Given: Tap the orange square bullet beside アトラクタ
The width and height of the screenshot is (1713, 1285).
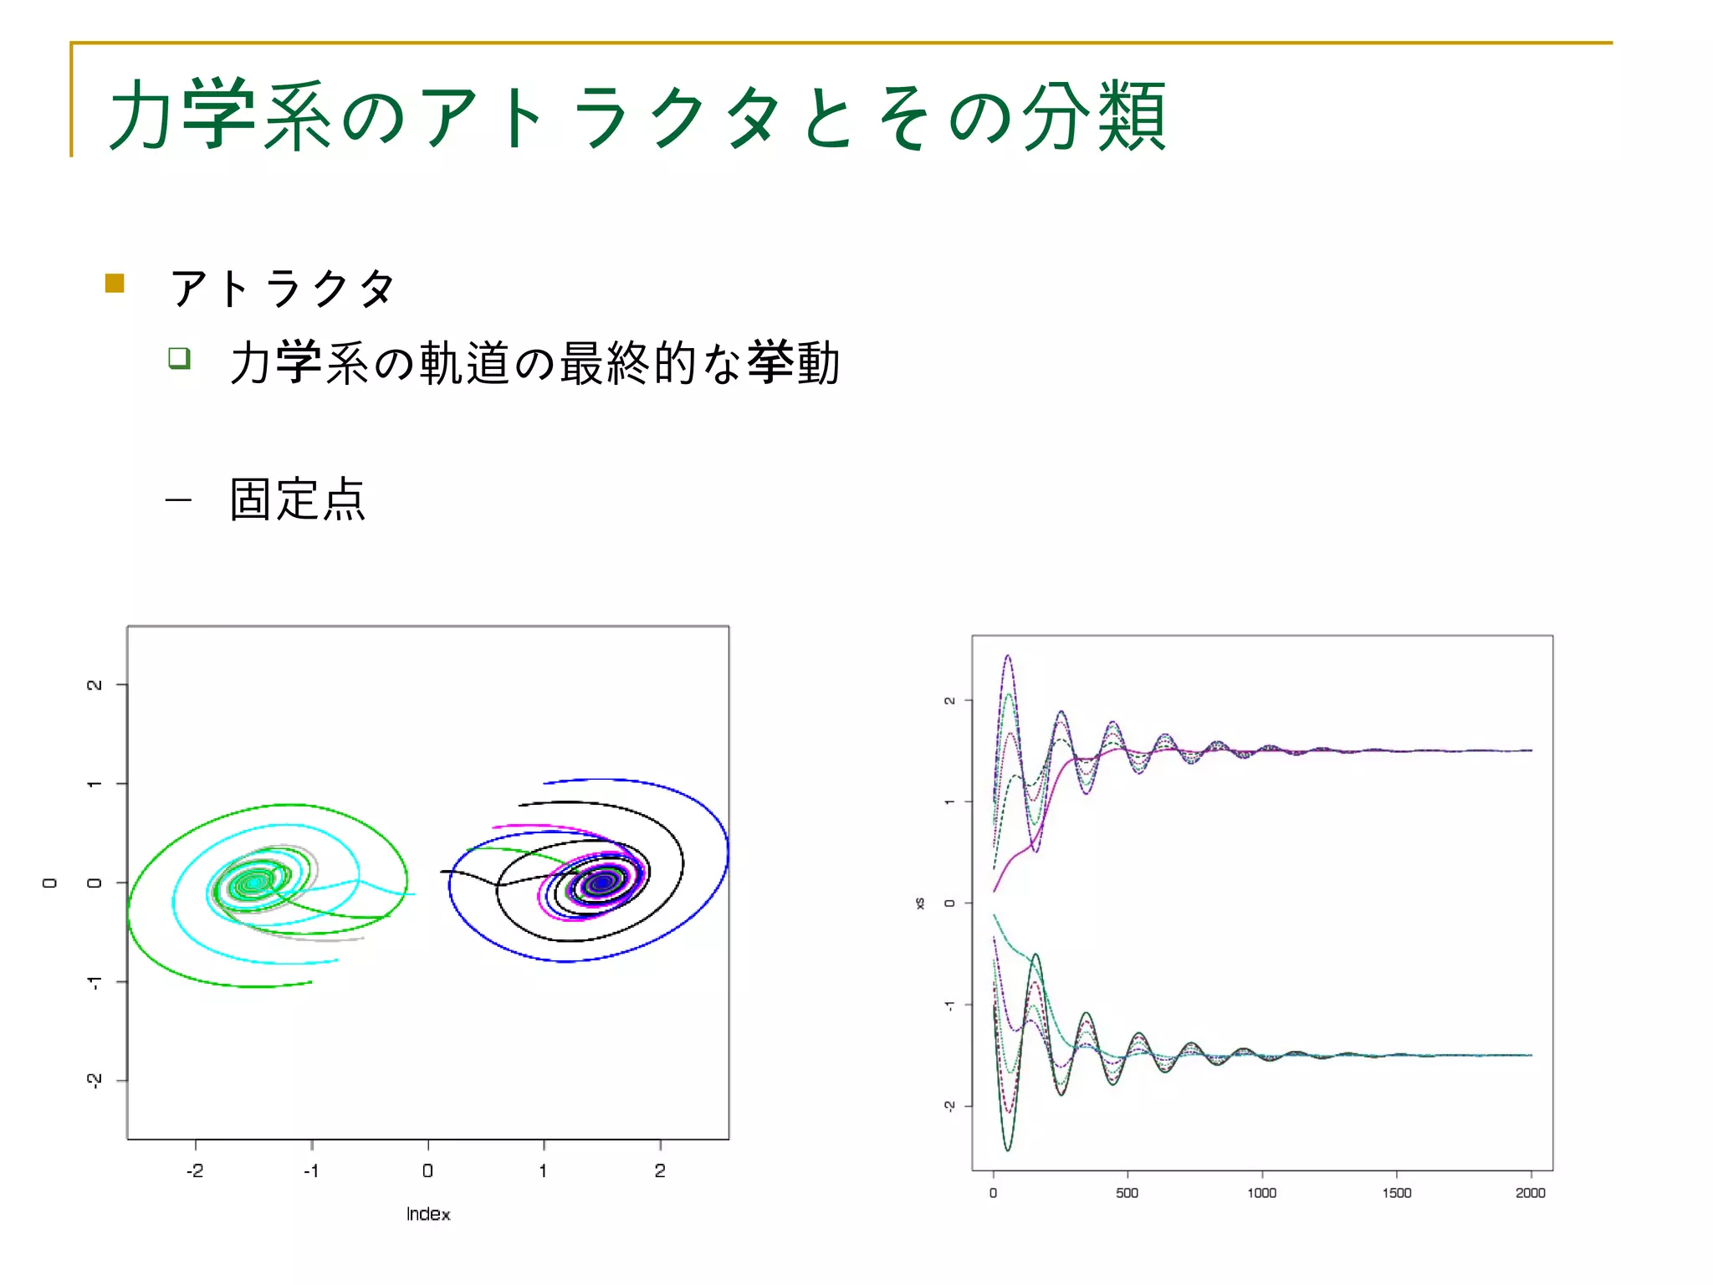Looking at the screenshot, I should [x=115, y=284].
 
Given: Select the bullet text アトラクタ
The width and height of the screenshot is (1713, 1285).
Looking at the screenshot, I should [x=283, y=289].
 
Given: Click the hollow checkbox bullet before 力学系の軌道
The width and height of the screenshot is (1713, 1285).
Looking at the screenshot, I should [x=179, y=358].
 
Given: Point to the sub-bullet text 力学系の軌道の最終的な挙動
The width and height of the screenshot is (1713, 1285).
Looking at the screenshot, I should [x=534, y=363].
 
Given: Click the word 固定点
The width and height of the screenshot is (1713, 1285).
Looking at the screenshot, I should [x=298, y=499].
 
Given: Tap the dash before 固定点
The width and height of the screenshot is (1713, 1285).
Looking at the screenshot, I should [x=178, y=501].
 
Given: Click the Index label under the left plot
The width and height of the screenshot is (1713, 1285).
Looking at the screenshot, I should [x=428, y=1214].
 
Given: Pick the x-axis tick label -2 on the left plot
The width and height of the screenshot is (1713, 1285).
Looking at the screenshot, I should [x=195, y=1170].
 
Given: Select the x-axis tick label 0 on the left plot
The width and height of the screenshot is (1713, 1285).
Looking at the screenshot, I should [x=427, y=1170].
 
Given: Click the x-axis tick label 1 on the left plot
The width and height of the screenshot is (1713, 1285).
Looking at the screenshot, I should [x=544, y=1170].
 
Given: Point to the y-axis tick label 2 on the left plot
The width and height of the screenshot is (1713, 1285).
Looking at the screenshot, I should [x=95, y=685].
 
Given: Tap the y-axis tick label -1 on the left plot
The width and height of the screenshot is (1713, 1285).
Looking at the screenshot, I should [x=95, y=981].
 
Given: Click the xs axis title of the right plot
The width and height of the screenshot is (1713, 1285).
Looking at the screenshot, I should [x=919, y=904].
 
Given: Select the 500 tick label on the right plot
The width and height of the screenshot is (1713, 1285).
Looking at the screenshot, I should [x=1127, y=1193].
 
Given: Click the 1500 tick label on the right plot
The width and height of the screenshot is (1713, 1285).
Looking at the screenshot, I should [x=1396, y=1193].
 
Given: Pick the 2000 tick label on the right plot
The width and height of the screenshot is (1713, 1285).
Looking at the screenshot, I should [x=1531, y=1193].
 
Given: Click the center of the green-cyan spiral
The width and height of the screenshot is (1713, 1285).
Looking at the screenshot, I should [x=253, y=883].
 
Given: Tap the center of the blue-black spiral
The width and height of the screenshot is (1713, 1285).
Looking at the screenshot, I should [x=602, y=881].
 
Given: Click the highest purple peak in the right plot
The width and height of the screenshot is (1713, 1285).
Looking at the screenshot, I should [x=1008, y=657].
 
